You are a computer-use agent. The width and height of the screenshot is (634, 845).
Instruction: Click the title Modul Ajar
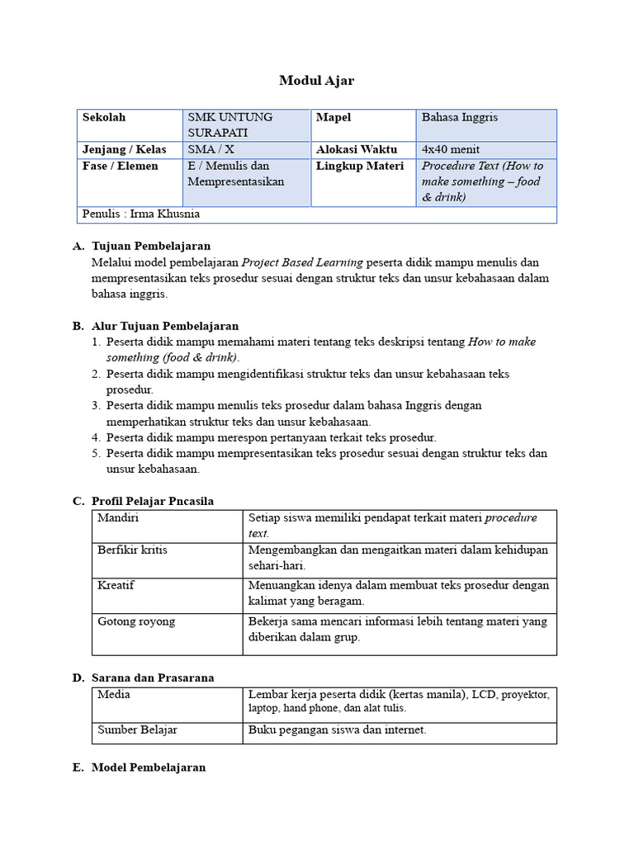point(316,80)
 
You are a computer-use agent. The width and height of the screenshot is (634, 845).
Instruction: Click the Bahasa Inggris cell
point(460,117)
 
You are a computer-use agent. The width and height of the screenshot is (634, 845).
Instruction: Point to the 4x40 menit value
point(450,149)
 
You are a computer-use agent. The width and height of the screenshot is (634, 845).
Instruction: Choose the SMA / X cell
point(211,149)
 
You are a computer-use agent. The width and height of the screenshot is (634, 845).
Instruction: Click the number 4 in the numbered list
point(96,437)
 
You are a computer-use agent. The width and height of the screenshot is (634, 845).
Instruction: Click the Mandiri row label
point(118,517)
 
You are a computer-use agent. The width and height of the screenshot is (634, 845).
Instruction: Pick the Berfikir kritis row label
point(132,550)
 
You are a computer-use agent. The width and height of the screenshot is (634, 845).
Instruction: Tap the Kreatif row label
point(116,585)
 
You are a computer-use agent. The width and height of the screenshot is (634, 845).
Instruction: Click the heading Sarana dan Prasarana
point(153,677)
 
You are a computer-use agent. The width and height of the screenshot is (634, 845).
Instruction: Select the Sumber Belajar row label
point(137,730)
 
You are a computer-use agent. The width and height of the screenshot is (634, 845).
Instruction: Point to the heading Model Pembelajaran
point(149,767)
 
